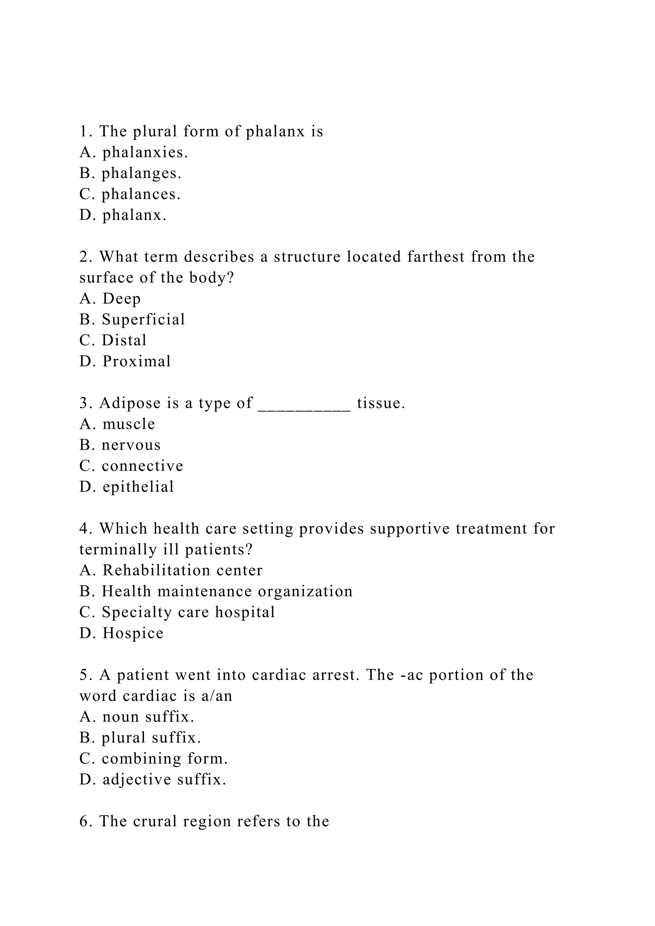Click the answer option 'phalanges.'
click(x=141, y=173)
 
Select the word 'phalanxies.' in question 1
click(x=145, y=153)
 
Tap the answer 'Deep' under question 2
click(x=122, y=299)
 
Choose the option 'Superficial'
click(x=143, y=319)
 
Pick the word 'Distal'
click(x=124, y=341)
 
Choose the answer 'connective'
click(x=142, y=466)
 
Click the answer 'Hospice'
click(x=133, y=633)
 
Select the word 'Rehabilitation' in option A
click(x=156, y=571)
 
